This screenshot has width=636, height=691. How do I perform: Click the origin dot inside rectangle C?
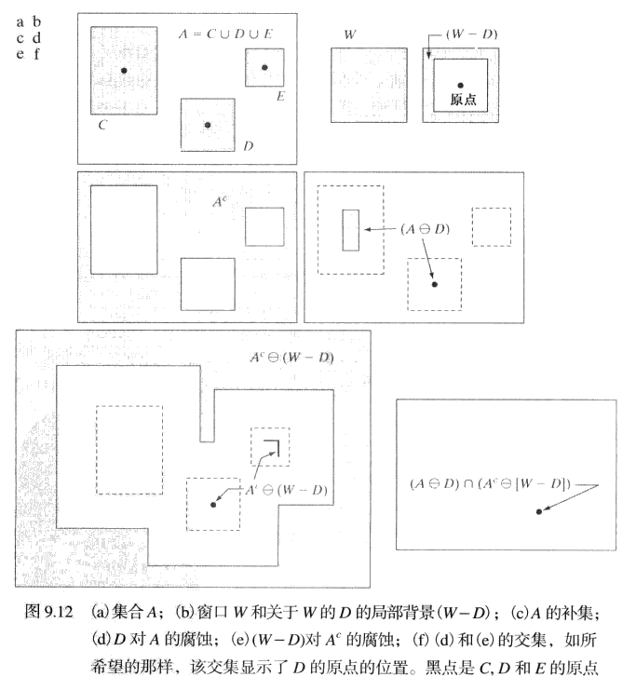124,71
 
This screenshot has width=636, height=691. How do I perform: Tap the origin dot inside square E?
264,67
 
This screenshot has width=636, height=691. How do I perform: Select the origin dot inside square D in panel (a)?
208,125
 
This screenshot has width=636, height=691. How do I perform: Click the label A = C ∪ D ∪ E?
225,34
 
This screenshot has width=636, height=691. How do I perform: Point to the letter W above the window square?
350,34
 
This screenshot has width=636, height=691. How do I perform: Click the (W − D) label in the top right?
471,34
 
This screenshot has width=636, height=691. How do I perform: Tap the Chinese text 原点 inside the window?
463,100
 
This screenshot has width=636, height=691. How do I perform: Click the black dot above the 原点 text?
461,86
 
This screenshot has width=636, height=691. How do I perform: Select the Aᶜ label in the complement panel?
221,201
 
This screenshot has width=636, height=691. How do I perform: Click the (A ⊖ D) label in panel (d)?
425,229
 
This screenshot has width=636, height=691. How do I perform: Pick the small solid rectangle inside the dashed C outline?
351,230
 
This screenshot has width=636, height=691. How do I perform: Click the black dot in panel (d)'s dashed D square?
435,285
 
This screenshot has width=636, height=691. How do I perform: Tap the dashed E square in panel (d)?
492,227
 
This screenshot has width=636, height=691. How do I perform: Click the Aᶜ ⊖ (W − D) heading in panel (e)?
291,358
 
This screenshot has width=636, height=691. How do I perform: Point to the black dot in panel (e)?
213,505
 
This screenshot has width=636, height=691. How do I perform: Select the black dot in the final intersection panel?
538,511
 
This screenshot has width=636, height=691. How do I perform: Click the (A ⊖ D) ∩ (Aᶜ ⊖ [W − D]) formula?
490,484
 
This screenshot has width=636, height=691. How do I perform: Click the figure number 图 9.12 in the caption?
48,612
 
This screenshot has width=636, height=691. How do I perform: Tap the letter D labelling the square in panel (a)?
249,146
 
